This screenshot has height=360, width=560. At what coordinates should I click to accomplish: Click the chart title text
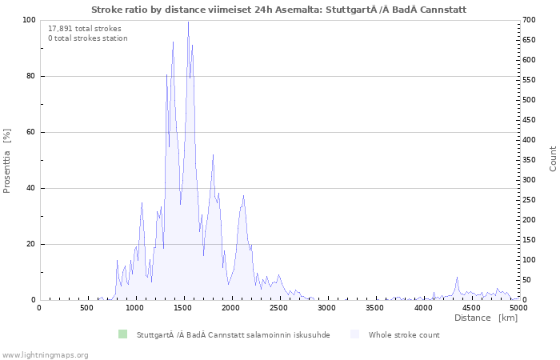(x=279, y=10)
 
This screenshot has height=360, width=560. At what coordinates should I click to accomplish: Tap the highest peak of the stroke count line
(x=188, y=22)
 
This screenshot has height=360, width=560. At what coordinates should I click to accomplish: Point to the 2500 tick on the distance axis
(x=280, y=298)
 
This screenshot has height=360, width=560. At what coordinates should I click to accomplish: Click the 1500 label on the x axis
(x=183, y=307)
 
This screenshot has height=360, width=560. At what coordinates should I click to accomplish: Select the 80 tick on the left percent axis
(x=41, y=76)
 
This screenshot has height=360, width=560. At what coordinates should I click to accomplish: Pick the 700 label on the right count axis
(x=530, y=20)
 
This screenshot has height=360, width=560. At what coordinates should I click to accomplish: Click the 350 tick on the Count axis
(x=519, y=160)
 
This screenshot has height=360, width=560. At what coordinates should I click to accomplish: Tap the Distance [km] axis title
(x=486, y=318)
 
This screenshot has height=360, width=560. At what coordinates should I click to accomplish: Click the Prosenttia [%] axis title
(x=6, y=161)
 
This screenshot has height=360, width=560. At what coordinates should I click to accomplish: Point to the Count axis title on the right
(x=553, y=158)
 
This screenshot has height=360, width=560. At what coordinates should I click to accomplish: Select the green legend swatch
(x=123, y=334)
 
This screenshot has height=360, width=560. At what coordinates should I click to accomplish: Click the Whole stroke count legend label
(x=404, y=335)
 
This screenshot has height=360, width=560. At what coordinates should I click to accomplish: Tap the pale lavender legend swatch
(x=354, y=334)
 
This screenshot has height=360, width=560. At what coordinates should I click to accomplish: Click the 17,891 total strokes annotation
(x=85, y=29)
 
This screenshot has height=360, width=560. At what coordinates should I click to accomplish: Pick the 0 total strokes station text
(x=88, y=38)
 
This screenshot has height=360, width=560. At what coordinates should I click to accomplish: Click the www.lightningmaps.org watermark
(x=44, y=355)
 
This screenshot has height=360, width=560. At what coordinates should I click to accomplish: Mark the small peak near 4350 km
(x=457, y=278)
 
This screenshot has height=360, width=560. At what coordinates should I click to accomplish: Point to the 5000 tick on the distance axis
(x=519, y=298)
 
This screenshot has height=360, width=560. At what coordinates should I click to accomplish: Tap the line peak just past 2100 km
(x=243, y=196)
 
